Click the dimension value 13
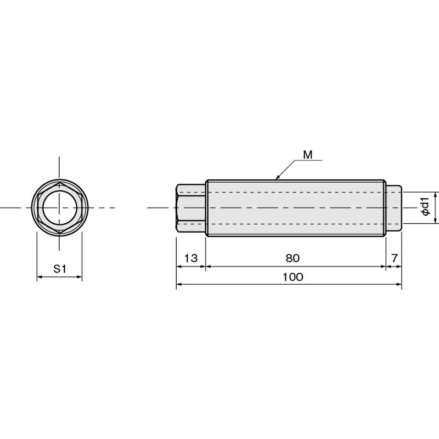coord(190,258)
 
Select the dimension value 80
coord(292,258)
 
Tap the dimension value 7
coord(394,258)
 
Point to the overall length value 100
coord(292,277)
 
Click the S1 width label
coord(60,269)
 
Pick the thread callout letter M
coord(308,155)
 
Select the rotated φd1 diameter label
coord(425,206)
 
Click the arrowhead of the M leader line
coord(277,177)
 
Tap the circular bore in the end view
coord(60,207)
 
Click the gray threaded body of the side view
coord(296,208)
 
